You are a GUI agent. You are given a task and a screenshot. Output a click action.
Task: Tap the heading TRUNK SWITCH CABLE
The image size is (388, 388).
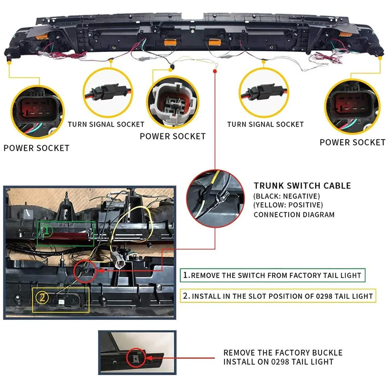[302, 186]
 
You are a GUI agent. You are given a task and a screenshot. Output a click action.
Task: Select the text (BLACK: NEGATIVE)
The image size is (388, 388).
[287, 196]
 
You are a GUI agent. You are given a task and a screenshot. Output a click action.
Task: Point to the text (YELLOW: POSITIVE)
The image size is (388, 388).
[288, 205]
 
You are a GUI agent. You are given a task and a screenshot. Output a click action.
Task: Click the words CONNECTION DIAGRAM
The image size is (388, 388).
[294, 214]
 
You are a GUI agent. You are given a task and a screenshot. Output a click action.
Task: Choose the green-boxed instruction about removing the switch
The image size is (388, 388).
[273, 275]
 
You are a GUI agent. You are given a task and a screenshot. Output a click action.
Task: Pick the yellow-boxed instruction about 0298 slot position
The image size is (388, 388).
[278, 296]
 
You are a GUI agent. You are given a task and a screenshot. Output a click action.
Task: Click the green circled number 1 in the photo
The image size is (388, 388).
[47, 231]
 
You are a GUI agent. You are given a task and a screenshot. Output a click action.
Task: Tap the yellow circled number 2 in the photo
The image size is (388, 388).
[42, 297]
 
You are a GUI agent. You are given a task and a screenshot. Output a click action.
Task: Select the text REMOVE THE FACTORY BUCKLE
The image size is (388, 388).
[283, 353]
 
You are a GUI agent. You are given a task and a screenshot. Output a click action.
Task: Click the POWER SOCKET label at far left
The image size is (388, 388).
[36, 148]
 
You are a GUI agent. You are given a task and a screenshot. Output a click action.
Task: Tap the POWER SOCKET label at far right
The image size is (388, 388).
[353, 142]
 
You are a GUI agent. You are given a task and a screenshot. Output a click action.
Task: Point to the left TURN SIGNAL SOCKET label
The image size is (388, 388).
[106, 124]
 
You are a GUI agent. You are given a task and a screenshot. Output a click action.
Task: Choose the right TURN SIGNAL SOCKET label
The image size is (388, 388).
[265, 124]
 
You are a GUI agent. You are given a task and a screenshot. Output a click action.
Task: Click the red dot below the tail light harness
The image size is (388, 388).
[215, 71]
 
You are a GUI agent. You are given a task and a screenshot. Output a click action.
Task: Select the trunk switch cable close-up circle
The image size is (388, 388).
[215, 198]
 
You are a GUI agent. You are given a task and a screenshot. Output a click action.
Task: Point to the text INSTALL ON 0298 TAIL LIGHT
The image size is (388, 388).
[278, 362]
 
